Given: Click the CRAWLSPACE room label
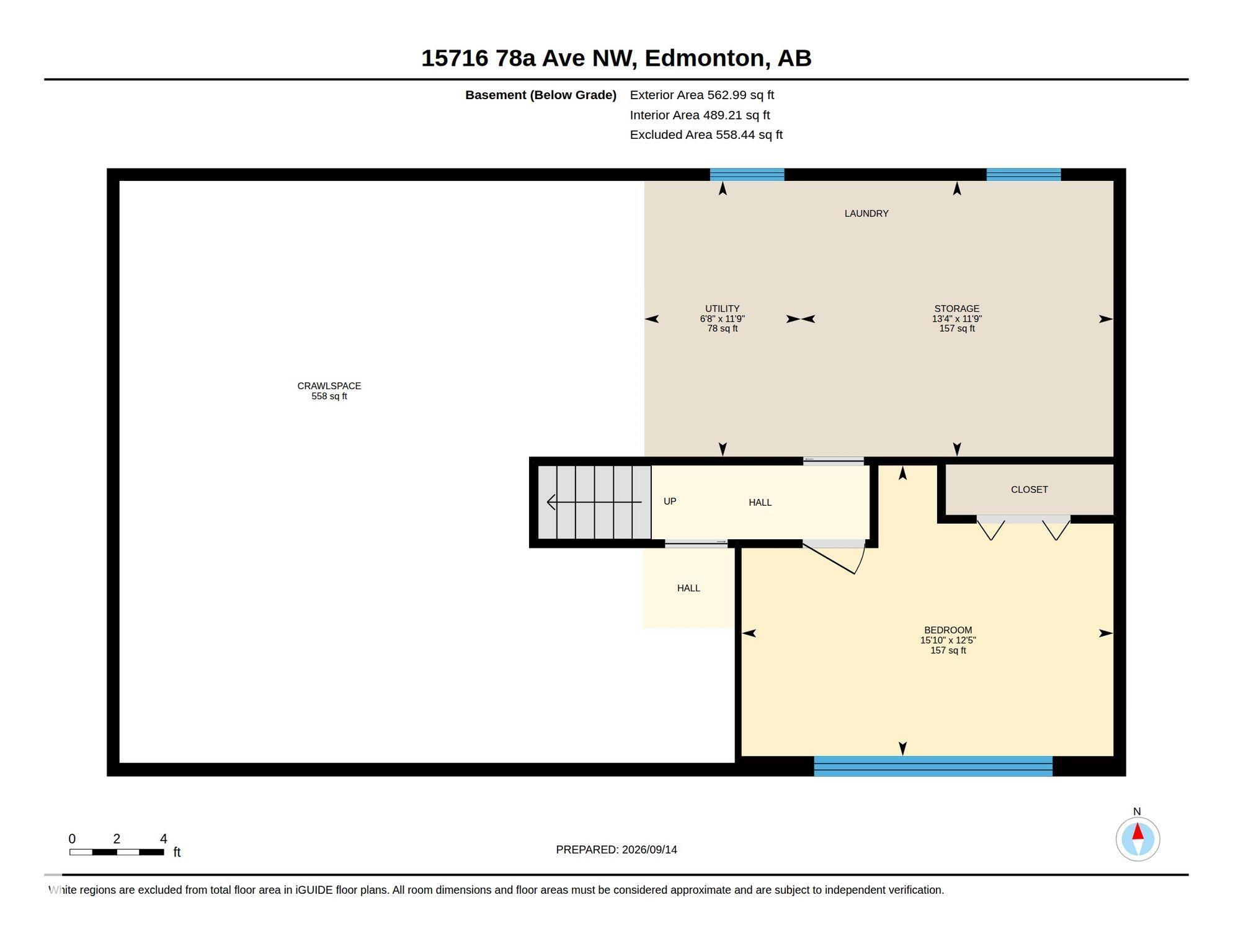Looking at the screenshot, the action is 329,386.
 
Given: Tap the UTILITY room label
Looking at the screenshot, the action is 722,309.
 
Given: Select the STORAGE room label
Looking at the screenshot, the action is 956,309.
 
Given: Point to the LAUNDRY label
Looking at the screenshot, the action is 866,213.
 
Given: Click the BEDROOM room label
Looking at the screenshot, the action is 948,630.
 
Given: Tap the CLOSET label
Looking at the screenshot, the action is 1029,490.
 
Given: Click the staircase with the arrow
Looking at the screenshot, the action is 594,502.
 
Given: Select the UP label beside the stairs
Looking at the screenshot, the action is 670,501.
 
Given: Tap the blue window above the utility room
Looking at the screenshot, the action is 747,175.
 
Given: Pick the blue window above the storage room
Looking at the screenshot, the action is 1023,175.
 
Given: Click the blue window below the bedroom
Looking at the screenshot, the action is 933,766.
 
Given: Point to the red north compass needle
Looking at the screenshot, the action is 1137,831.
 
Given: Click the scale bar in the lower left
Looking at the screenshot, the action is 117,852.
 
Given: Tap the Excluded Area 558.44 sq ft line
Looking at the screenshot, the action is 706,134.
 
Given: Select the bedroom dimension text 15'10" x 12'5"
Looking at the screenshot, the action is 948,640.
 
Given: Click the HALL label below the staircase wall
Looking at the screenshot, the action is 688,588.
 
